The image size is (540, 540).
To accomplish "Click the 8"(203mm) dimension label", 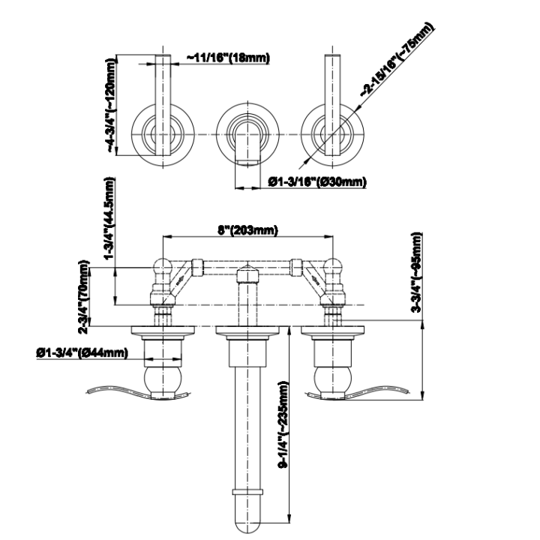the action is pos(247,229).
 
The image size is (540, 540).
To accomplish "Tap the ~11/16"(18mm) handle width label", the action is pos(228,58).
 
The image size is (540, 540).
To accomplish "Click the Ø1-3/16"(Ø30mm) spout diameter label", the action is pos(317,181).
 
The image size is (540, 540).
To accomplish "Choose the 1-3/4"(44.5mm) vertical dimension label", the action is pos(109,218).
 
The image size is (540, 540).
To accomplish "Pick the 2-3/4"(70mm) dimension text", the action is pos(84,297).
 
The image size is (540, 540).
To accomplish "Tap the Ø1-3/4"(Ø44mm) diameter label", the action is pos(82,352).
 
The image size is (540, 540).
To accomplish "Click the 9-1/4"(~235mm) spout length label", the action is pos(283,424).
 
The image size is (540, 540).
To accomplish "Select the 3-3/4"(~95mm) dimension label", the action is pos(416,272).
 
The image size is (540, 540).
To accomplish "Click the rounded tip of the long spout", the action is pos(248,523).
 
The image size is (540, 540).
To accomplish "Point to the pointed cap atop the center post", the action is pos(247,274).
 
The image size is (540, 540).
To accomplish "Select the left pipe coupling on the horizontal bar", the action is pos(197,268).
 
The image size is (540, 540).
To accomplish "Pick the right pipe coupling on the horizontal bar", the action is pos(296,268).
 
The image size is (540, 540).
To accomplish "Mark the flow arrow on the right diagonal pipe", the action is pos(315,279).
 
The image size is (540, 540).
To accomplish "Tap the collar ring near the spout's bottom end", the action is pos(248,492).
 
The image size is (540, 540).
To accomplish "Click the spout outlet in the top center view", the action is pos(247,161).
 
